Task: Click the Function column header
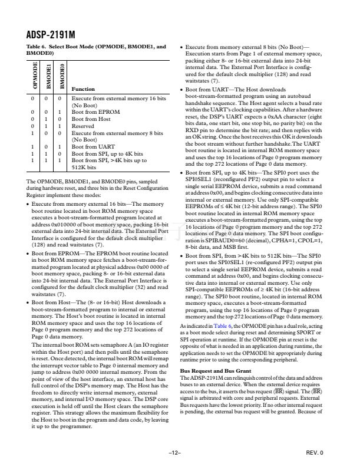point(83,89)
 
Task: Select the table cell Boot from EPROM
point(95,111)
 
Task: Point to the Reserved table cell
point(84,125)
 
